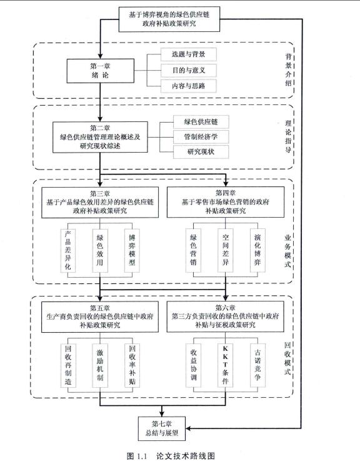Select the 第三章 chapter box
[100, 201]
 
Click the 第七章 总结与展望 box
[163, 427]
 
